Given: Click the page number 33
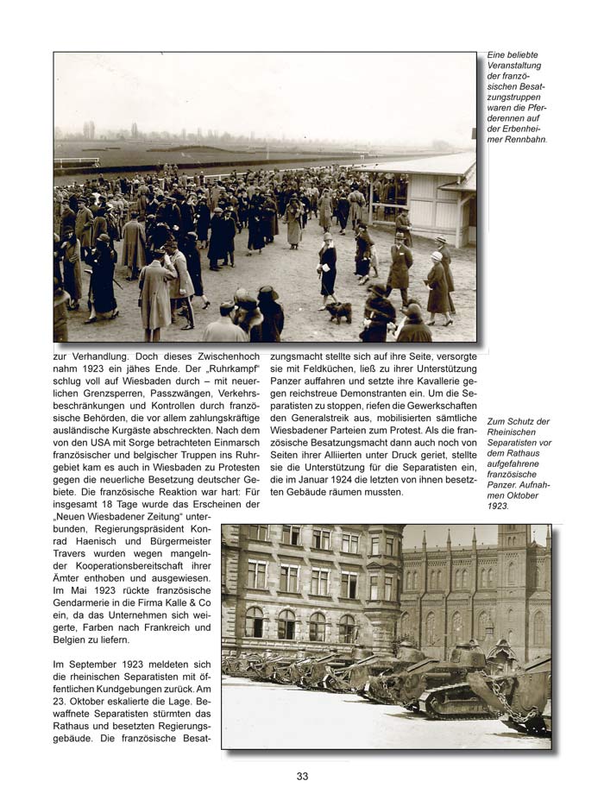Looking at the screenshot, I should [302, 776].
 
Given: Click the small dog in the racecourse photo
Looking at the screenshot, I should [337, 311].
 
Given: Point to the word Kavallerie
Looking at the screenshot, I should [436, 381].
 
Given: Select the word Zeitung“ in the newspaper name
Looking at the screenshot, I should [167, 518].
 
